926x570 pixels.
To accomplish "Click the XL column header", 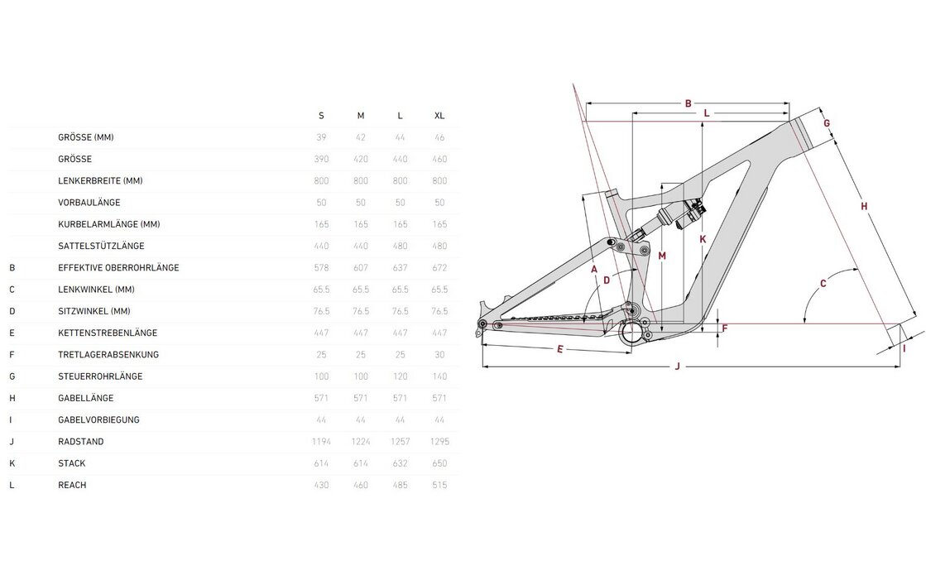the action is [x=439, y=116].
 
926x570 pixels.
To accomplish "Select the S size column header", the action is [x=321, y=116].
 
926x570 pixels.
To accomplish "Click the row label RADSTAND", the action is [x=81, y=442].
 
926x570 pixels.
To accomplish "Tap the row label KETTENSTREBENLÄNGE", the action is [x=108, y=333].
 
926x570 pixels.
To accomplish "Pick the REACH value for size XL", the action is [x=439, y=485].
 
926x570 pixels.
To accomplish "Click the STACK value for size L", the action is [x=400, y=463].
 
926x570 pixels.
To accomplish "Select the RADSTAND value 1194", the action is [x=321, y=442].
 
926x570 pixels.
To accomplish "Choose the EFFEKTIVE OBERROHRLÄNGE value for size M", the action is [x=360, y=268].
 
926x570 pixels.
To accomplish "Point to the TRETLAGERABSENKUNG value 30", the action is [x=439, y=355].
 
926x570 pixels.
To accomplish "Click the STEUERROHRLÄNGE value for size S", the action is [x=321, y=377].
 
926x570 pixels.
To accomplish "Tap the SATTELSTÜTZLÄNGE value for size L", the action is [x=400, y=247].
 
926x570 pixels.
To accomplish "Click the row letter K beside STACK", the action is [x=12, y=463].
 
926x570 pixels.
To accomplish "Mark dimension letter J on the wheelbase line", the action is [x=678, y=366].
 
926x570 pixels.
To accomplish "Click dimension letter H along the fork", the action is [x=864, y=206].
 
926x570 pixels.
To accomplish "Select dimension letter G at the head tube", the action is [x=827, y=123].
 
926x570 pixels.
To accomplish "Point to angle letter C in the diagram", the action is [x=823, y=284].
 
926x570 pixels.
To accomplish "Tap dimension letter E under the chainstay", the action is [x=560, y=350].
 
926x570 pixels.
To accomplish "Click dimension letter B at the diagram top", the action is [x=688, y=104].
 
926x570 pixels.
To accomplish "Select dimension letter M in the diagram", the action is [x=662, y=256].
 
